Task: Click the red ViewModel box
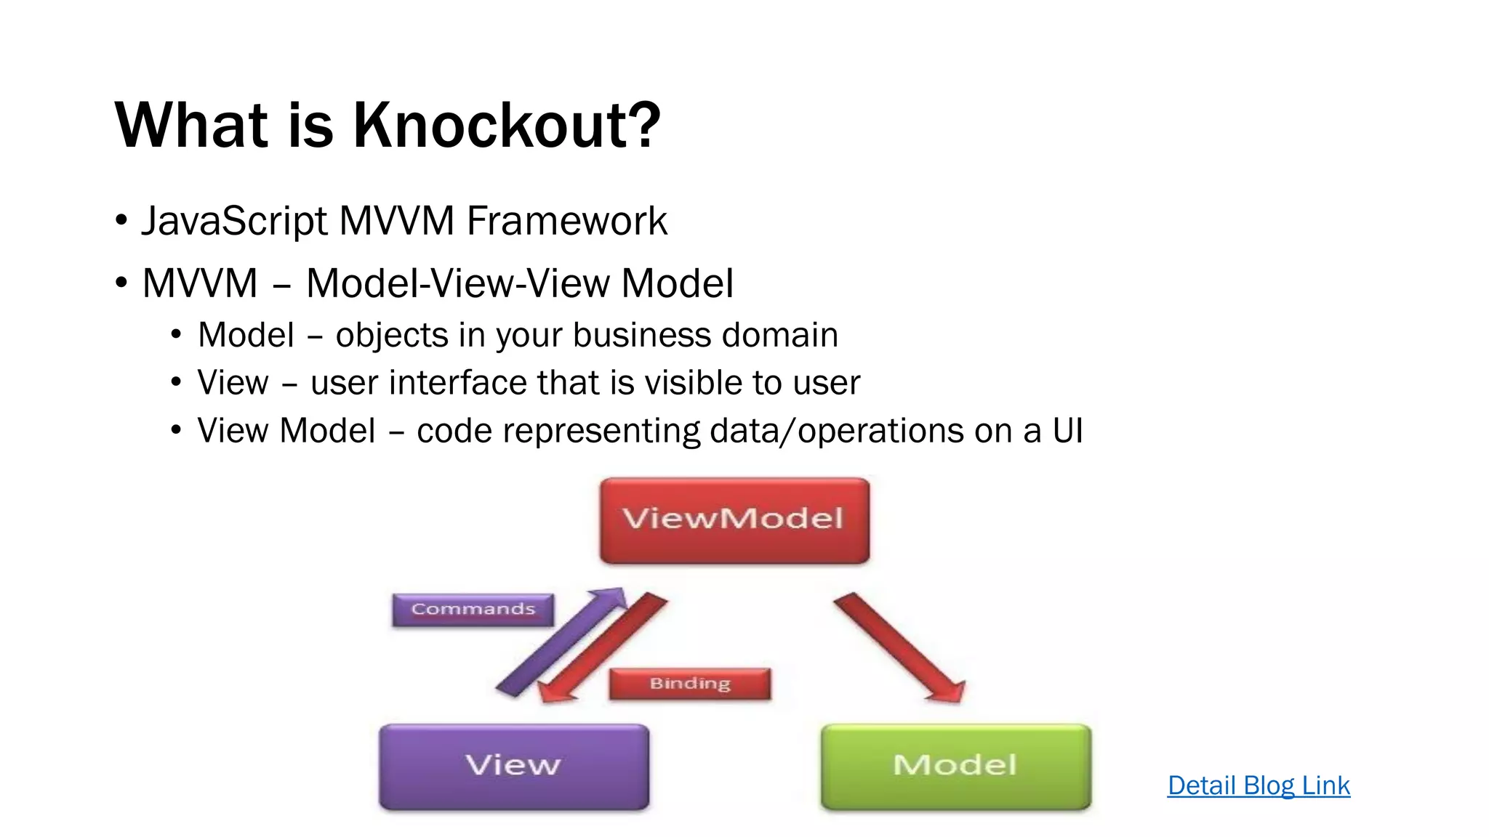click(x=734, y=520)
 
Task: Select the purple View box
click(x=514, y=766)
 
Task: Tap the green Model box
click(x=955, y=766)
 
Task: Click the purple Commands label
click(x=473, y=609)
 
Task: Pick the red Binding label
click(x=689, y=684)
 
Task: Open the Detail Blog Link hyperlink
click(x=1259, y=785)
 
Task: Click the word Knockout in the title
click(x=507, y=125)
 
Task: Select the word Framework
click(x=566, y=221)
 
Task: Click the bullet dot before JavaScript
click(x=121, y=219)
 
